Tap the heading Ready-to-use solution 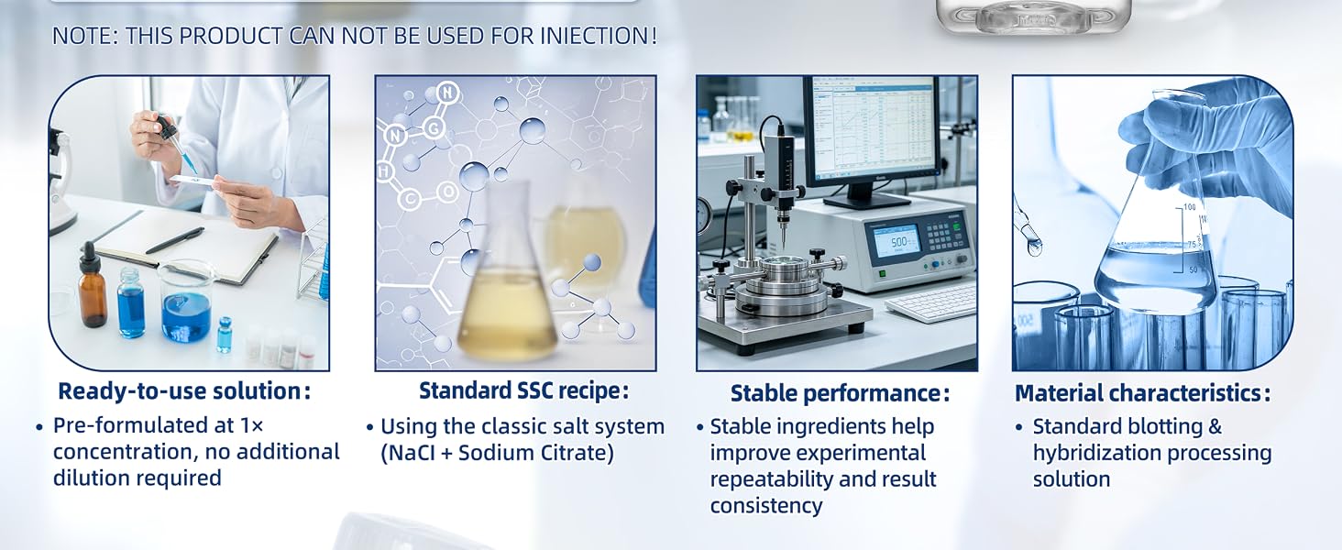point(184,391)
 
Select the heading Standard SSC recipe point(523,390)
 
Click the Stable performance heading point(840,393)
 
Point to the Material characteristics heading point(1142,393)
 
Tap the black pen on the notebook point(174,239)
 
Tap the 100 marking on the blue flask point(1189,207)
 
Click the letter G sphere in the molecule point(434,127)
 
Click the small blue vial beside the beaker point(225,335)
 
